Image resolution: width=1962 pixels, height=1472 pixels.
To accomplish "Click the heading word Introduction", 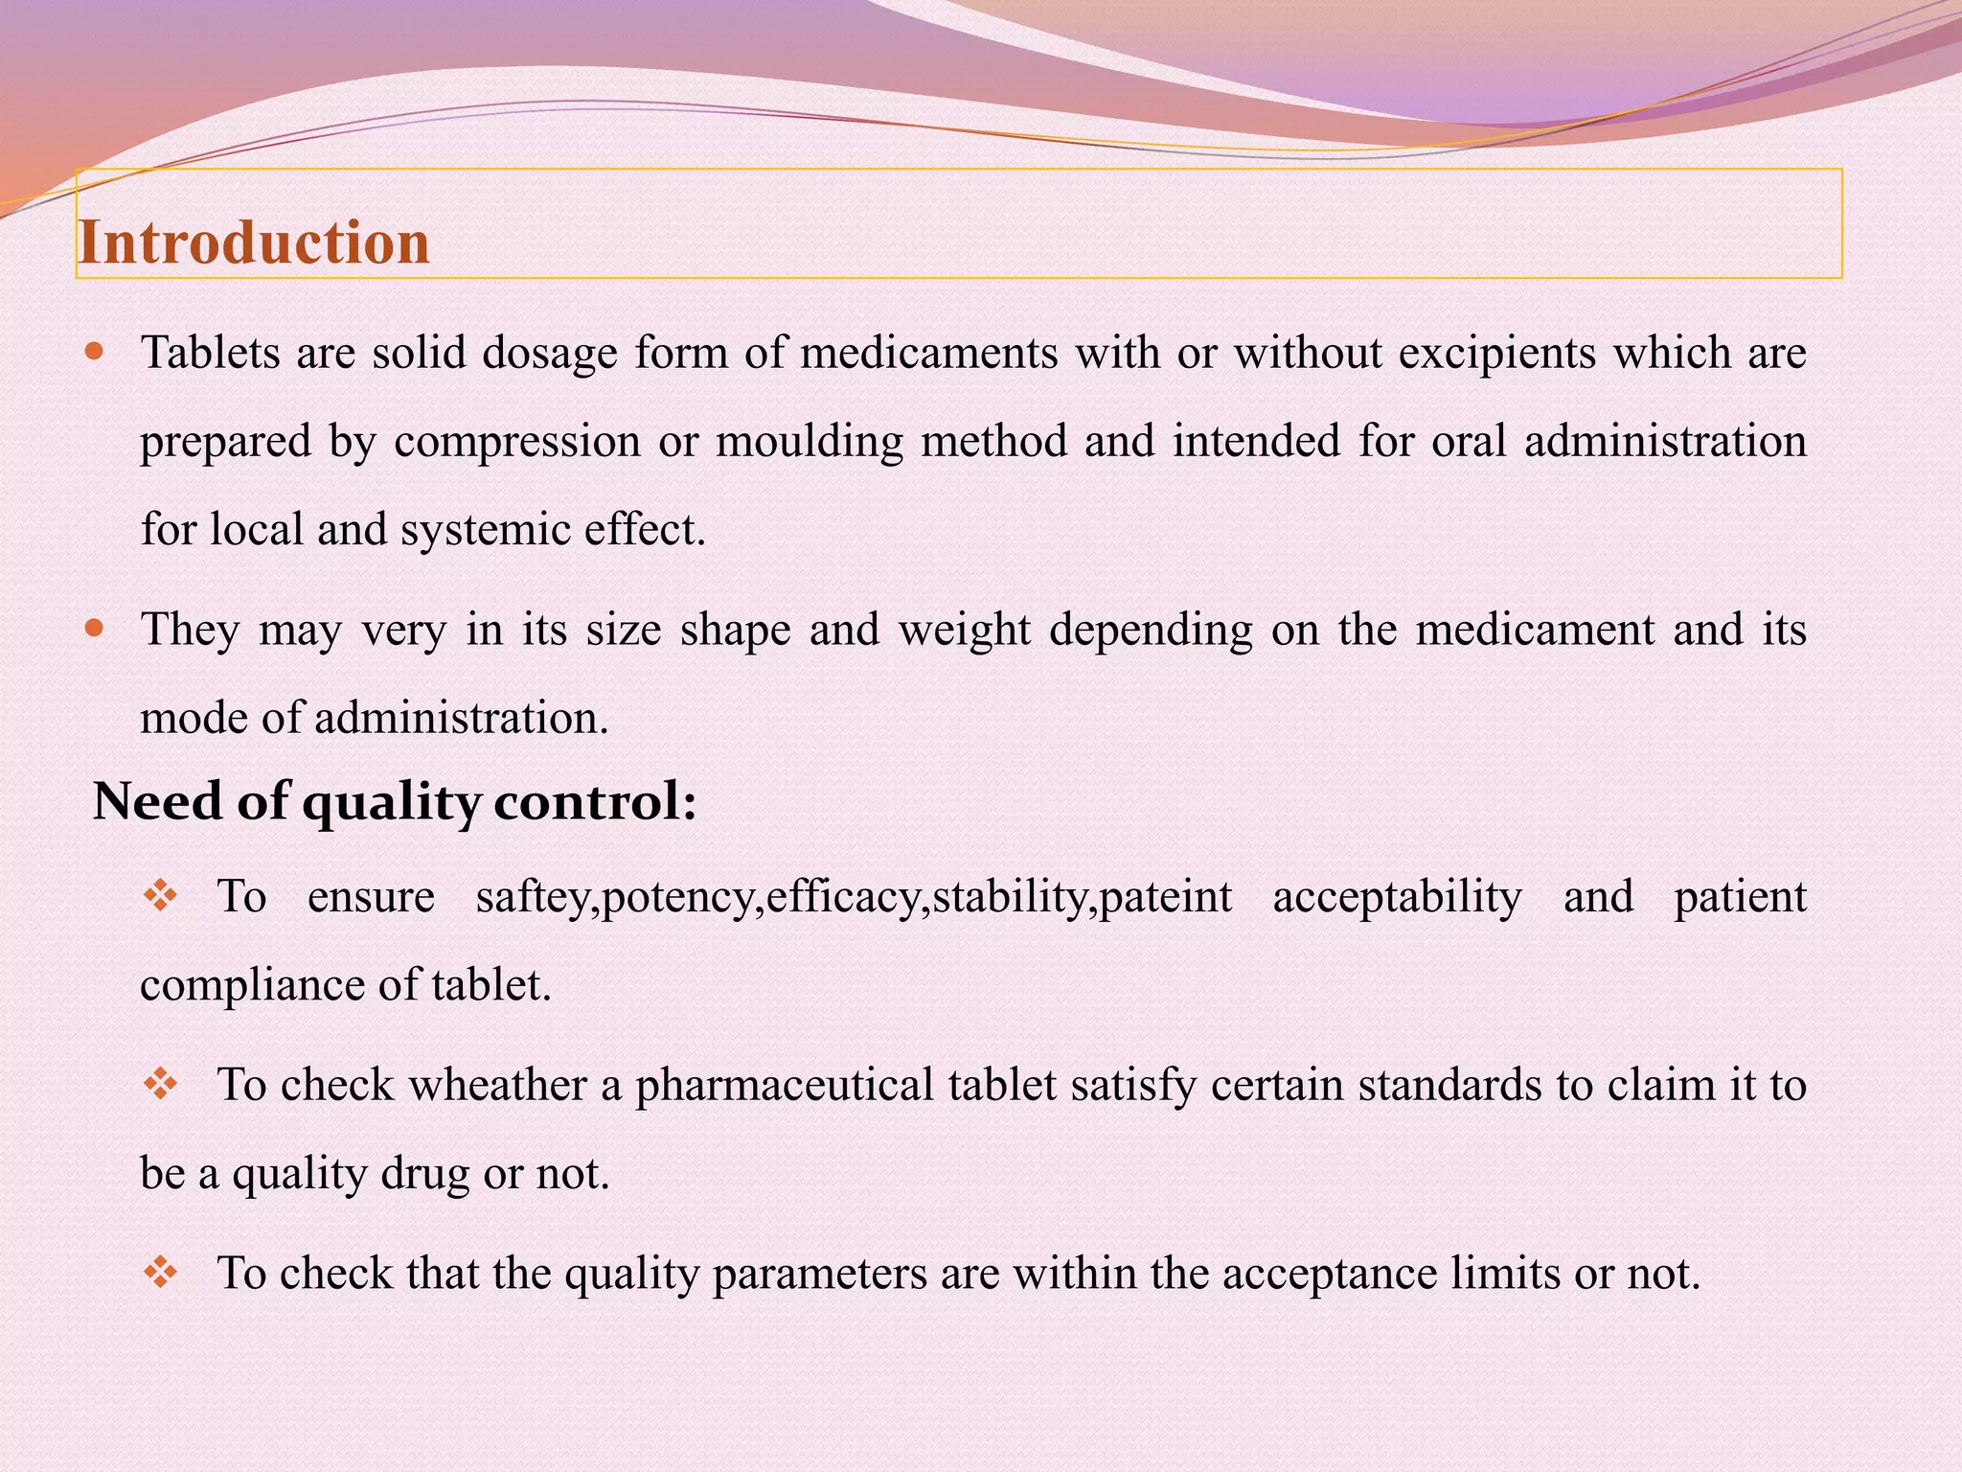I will click(x=254, y=241).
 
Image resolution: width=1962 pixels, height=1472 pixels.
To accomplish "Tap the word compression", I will click(x=516, y=442).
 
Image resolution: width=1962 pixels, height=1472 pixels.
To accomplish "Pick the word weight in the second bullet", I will click(x=965, y=631).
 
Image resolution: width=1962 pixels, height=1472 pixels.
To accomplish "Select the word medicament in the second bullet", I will click(x=1535, y=631).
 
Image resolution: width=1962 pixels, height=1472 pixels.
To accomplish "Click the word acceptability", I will click(x=1397, y=897).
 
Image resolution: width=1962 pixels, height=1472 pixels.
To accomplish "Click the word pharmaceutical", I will click(x=784, y=1086).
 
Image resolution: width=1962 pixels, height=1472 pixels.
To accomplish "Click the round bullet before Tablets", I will click(x=94, y=352).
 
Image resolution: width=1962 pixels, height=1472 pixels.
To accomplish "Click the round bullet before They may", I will click(x=94, y=630).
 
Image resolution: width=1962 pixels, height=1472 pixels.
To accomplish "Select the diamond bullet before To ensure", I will click(x=160, y=897).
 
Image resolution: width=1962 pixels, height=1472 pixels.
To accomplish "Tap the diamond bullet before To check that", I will click(x=160, y=1273).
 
